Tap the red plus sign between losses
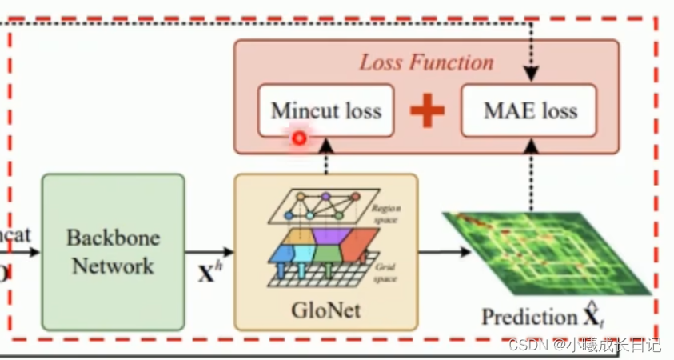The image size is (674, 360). [x=427, y=110]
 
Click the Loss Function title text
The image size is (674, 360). [x=426, y=62]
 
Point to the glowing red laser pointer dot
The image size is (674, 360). [x=299, y=138]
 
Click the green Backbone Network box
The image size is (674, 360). [x=113, y=251]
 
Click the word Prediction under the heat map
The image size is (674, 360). [x=528, y=317]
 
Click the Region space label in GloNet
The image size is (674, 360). [x=385, y=211]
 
